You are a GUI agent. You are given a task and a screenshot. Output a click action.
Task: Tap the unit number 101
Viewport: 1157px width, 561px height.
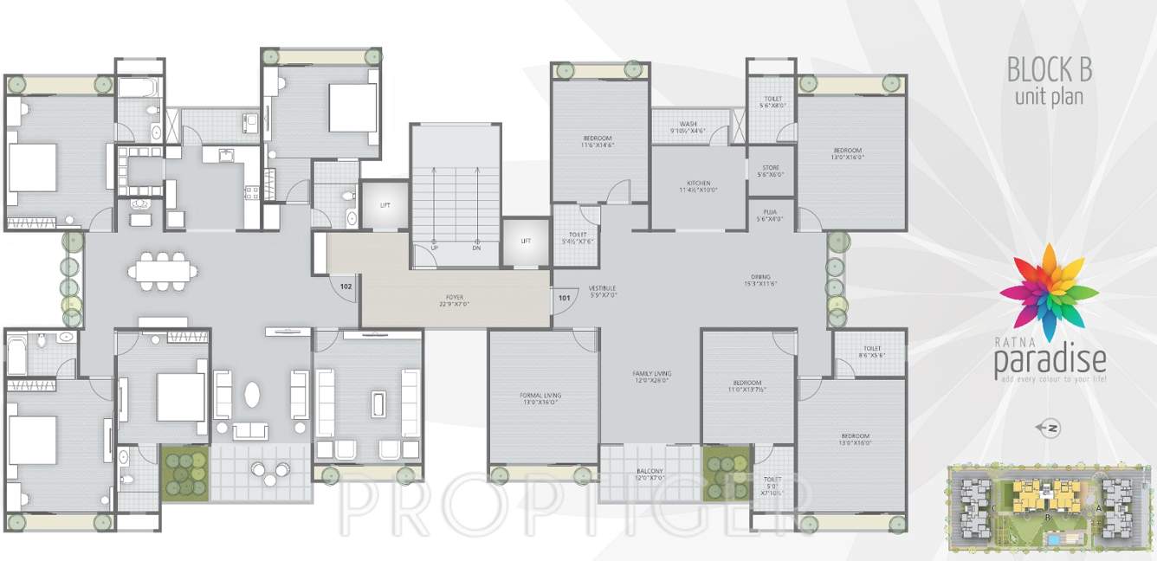564,298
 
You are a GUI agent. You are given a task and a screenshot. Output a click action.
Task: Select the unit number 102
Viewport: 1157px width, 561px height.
346,286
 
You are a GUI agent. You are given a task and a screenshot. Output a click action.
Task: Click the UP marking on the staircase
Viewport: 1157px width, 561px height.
434,247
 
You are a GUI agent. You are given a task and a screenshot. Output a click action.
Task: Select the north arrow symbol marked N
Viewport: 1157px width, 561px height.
1052,428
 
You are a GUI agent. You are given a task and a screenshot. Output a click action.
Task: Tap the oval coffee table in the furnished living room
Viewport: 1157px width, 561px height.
252,394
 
